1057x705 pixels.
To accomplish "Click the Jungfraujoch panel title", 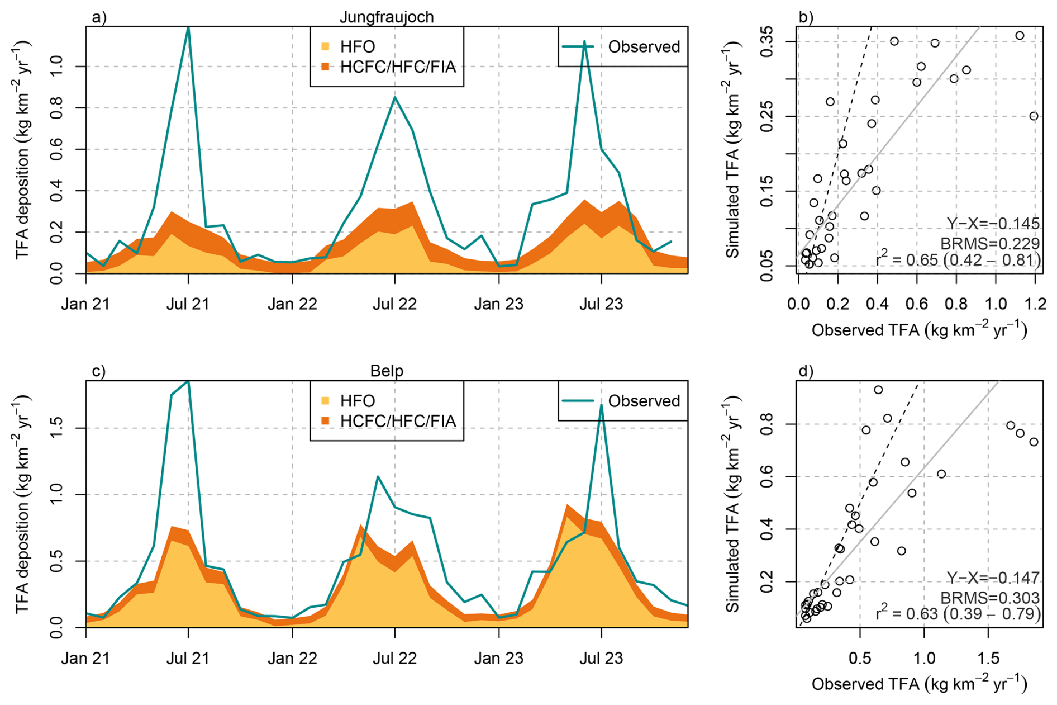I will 387,17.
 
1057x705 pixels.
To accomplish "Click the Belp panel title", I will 387,371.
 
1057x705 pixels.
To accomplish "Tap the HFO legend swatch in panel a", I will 325,46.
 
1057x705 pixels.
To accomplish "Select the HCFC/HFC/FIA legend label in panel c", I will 398,421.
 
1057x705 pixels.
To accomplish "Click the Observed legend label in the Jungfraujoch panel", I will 644,46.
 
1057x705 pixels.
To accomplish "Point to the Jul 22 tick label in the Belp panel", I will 394,658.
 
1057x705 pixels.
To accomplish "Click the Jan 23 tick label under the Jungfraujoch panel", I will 498,304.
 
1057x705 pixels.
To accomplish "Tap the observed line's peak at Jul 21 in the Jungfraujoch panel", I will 188,28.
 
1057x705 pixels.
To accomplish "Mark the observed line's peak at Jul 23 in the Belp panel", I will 601,405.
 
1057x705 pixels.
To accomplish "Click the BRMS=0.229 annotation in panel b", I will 989,243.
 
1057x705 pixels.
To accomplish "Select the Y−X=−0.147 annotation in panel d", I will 993,578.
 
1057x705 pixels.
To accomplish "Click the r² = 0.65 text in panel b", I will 958,260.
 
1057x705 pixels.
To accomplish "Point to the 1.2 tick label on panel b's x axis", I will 1035,304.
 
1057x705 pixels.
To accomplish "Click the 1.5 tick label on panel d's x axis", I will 988,658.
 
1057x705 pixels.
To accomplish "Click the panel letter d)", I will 806,371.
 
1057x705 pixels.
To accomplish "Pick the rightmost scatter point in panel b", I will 1034,116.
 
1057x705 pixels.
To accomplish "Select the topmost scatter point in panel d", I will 878,390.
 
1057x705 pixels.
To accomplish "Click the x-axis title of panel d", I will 919,684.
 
